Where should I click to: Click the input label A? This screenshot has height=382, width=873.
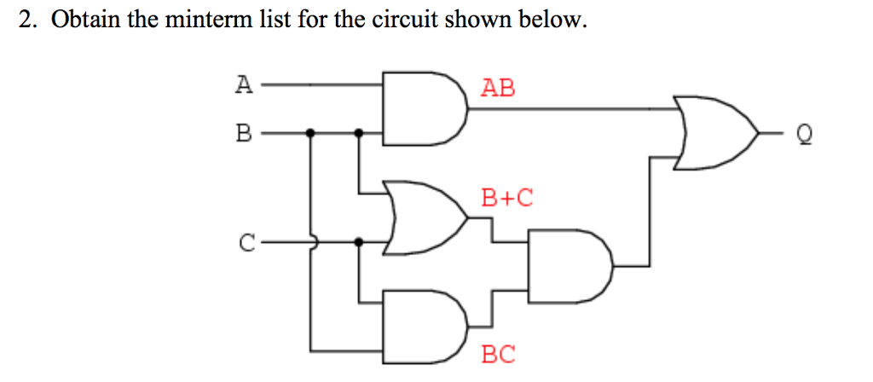(x=244, y=84)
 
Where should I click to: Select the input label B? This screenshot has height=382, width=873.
(x=244, y=133)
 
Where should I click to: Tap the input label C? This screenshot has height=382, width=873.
(x=246, y=243)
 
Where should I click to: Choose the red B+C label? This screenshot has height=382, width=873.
(x=506, y=199)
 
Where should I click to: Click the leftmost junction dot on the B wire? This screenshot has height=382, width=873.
(x=310, y=133)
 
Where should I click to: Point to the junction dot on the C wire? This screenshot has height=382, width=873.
(x=359, y=242)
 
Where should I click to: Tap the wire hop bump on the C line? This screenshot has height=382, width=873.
(x=312, y=242)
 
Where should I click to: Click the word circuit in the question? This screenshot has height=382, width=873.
(x=402, y=20)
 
